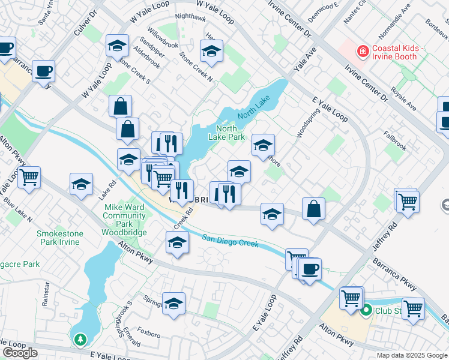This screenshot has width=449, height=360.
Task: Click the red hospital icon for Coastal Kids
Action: point(362,52)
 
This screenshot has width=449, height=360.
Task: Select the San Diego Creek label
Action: point(230,240)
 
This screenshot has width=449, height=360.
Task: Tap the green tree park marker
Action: point(80,340)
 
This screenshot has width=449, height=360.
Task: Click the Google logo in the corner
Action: point(20,353)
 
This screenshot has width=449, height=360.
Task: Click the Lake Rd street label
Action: point(107,191)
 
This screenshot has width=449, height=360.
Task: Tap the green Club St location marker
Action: point(366,310)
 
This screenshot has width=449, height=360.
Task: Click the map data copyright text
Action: point(412,355)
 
